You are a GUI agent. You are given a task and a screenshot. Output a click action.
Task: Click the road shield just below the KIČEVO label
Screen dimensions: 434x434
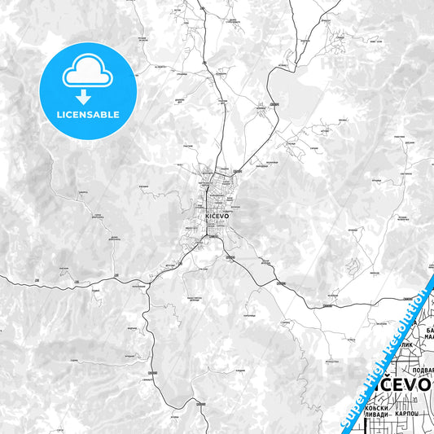point(211,230)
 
